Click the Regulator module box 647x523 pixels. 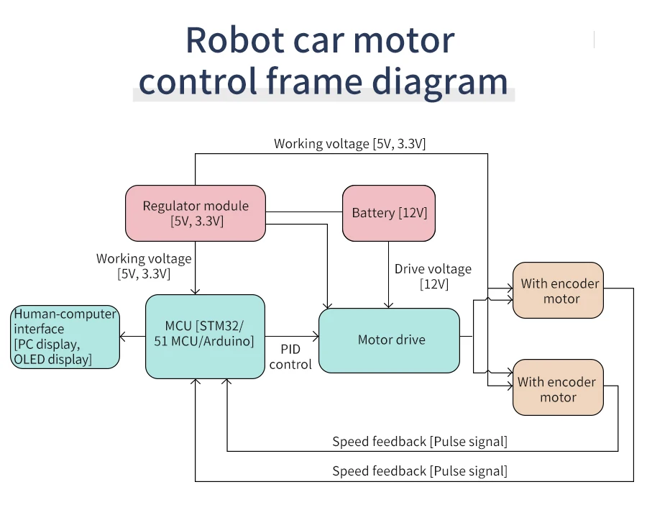(195, 213)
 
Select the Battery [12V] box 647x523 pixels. (389, 213)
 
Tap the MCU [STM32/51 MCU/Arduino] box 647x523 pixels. (205, 337)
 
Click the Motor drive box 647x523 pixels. (389, 340)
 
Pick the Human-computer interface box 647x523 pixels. (65, 337)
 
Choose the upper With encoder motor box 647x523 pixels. (558, 290)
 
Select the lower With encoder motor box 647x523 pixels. (558, 387)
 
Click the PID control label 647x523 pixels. (290, 357)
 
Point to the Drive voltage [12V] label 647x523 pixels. (433, 276)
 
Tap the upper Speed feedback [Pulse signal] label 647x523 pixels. (420, 441)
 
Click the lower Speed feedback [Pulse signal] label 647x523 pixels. (420, 471)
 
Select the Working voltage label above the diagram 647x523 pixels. (350, 144)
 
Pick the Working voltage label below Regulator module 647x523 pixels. (144, 266)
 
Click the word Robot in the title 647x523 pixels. (235, 40)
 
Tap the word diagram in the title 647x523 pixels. (440, 81)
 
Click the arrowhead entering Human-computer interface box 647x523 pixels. (122, 337)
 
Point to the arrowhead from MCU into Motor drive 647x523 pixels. (316, 337)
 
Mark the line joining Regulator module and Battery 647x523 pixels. (304, 212)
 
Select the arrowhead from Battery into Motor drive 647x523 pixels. (388, 305)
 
